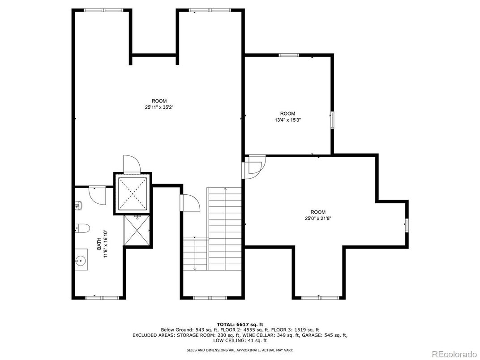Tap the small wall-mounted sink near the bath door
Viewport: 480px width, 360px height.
click(78, 206)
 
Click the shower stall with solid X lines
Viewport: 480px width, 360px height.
click(137, 230)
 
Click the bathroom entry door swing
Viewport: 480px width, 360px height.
click(97, 195)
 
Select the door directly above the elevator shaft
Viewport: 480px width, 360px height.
click(131, 164)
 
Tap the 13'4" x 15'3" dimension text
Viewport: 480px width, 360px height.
click(287, 120)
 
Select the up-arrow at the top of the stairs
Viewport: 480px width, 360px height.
click(225, 189)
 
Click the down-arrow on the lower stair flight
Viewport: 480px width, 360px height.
click(195, 269)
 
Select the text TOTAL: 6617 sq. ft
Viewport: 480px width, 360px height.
click(240, 324)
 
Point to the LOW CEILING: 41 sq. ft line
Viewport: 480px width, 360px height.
click(240, 340)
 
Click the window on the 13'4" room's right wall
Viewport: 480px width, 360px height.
click(332, 120)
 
